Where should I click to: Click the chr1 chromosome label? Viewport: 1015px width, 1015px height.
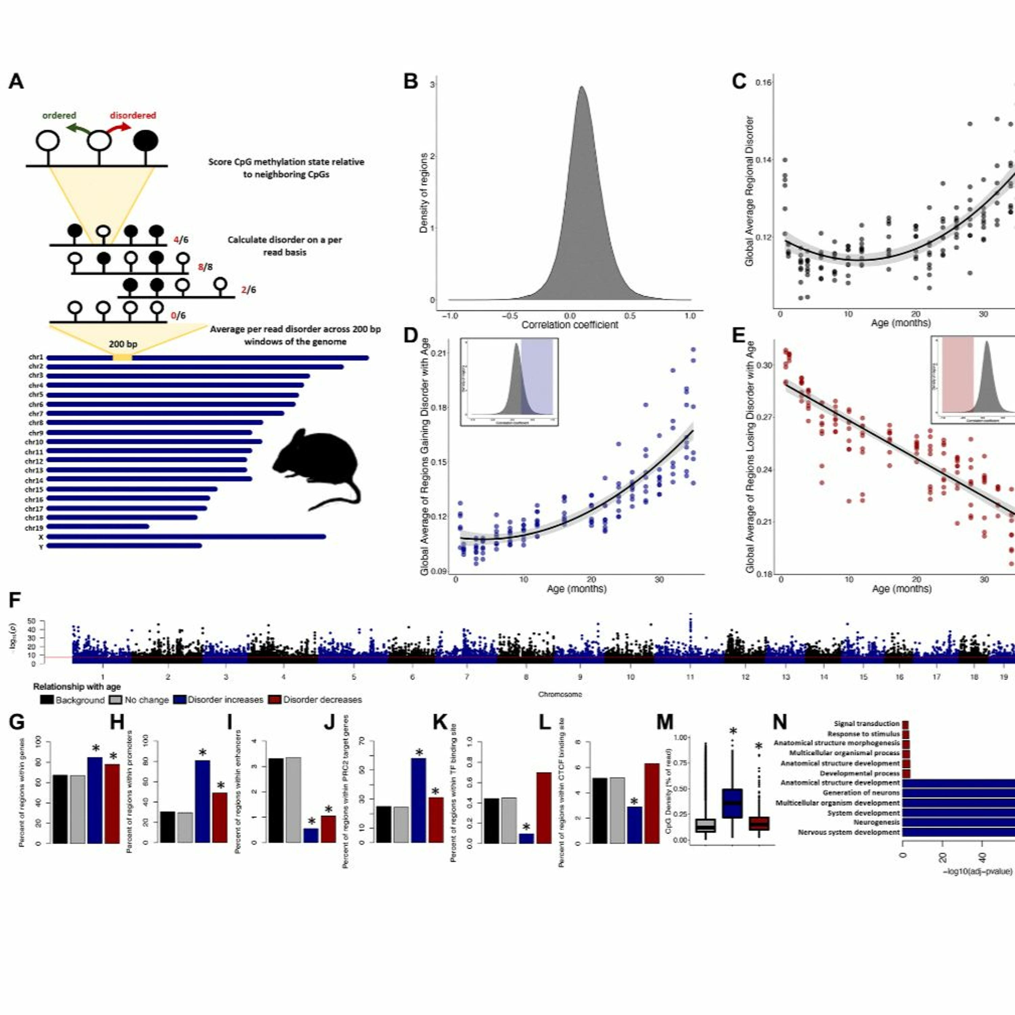(36, 358)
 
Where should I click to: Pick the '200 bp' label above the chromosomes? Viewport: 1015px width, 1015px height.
(123, 344)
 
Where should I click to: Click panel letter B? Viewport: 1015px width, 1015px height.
(410, 82)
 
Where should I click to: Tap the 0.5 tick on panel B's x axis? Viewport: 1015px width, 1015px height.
(630, 316)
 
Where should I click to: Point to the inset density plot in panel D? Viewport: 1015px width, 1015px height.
(509, 382)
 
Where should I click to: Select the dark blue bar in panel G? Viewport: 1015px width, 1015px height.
(95, 800)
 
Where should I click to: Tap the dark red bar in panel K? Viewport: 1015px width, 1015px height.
(544, 808)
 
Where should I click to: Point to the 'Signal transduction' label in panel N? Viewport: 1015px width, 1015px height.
(866, 723)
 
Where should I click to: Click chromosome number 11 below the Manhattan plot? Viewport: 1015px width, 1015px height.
(690, 677)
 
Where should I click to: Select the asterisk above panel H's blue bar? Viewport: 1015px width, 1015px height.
(203, 752)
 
